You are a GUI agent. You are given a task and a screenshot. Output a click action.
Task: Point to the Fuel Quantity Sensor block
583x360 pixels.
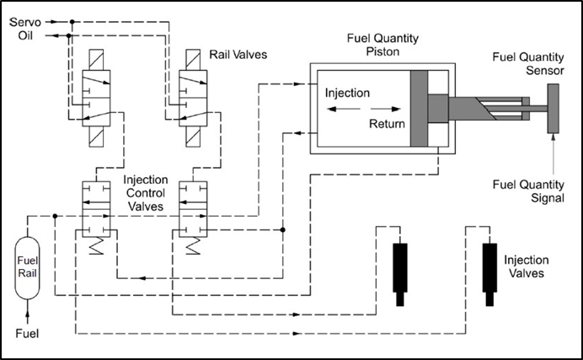tap(554, 109)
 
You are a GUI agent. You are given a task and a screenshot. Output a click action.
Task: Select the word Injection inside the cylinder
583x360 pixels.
tap(346, 93)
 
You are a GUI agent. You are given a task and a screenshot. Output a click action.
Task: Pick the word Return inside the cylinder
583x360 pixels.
tap(387, 124)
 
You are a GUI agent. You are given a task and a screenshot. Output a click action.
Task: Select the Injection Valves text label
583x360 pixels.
tap(527, 266)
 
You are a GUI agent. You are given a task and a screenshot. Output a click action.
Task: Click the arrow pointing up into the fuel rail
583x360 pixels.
tap(28, 314)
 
